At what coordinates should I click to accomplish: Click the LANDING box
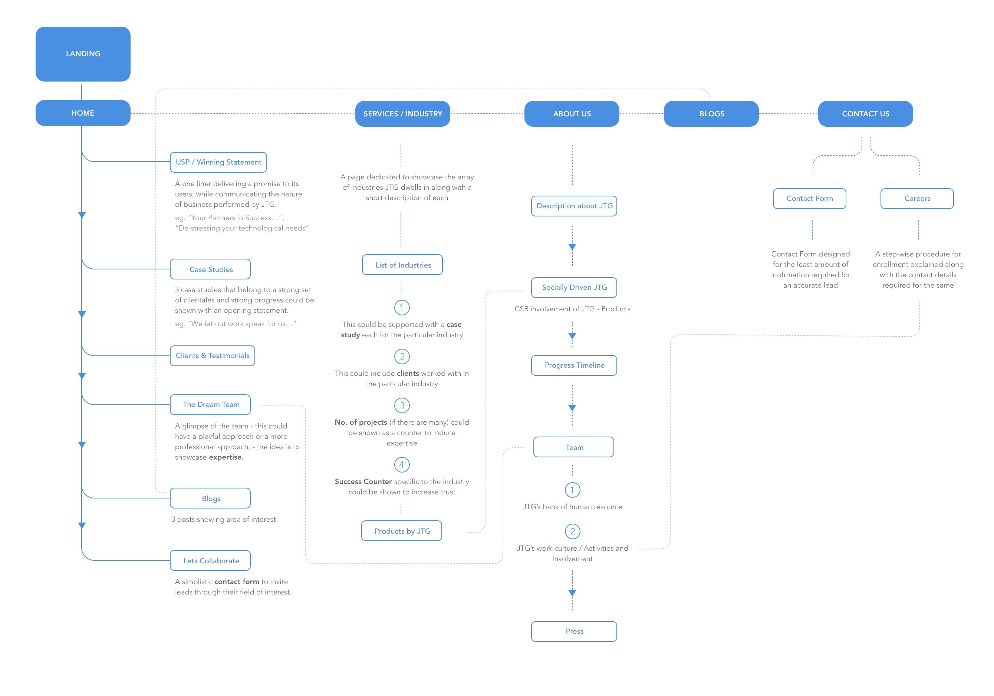[83, 54]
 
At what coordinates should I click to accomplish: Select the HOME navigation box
[83, 113]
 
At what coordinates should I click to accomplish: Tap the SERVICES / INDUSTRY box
[403, 114]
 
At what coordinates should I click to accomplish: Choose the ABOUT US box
[572, 114]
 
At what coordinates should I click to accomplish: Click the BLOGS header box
[711, 114]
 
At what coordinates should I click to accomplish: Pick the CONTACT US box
[865, 114]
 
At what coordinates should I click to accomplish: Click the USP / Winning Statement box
[218, 162]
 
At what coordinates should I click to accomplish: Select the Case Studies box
[210, 269]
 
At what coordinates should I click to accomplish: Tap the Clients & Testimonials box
[213, 355]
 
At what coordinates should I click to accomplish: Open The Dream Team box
[210, 404]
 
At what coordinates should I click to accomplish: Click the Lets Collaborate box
[210, 561]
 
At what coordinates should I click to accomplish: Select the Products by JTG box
[402, 531]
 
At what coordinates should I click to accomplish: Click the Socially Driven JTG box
[574, 287]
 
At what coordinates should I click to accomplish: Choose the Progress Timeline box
[574, 365]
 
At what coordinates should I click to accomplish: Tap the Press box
[574, 632]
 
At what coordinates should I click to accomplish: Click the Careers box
[917, 199]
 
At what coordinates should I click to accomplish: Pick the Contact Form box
[810, 199]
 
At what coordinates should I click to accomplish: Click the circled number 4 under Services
[402, 465]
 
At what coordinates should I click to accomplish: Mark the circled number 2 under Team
[572, 531]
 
